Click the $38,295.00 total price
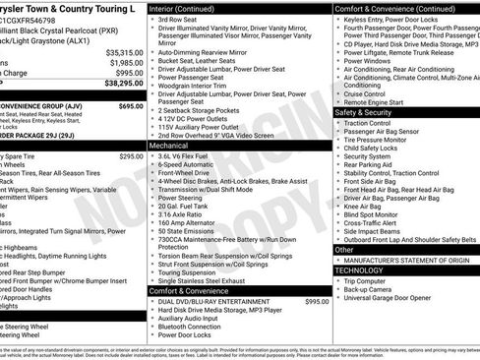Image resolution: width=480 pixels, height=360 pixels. (x=122, y=87)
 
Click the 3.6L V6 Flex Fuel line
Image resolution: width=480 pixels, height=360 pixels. (x=192, y=155)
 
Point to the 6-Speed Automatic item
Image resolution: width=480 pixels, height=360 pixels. (x=190, y=165)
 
